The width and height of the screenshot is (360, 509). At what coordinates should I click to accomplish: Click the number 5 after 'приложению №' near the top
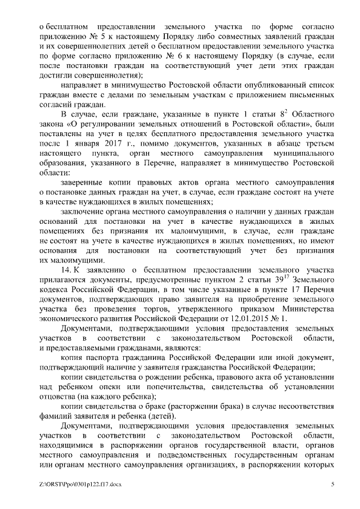[x=93, y=37]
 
